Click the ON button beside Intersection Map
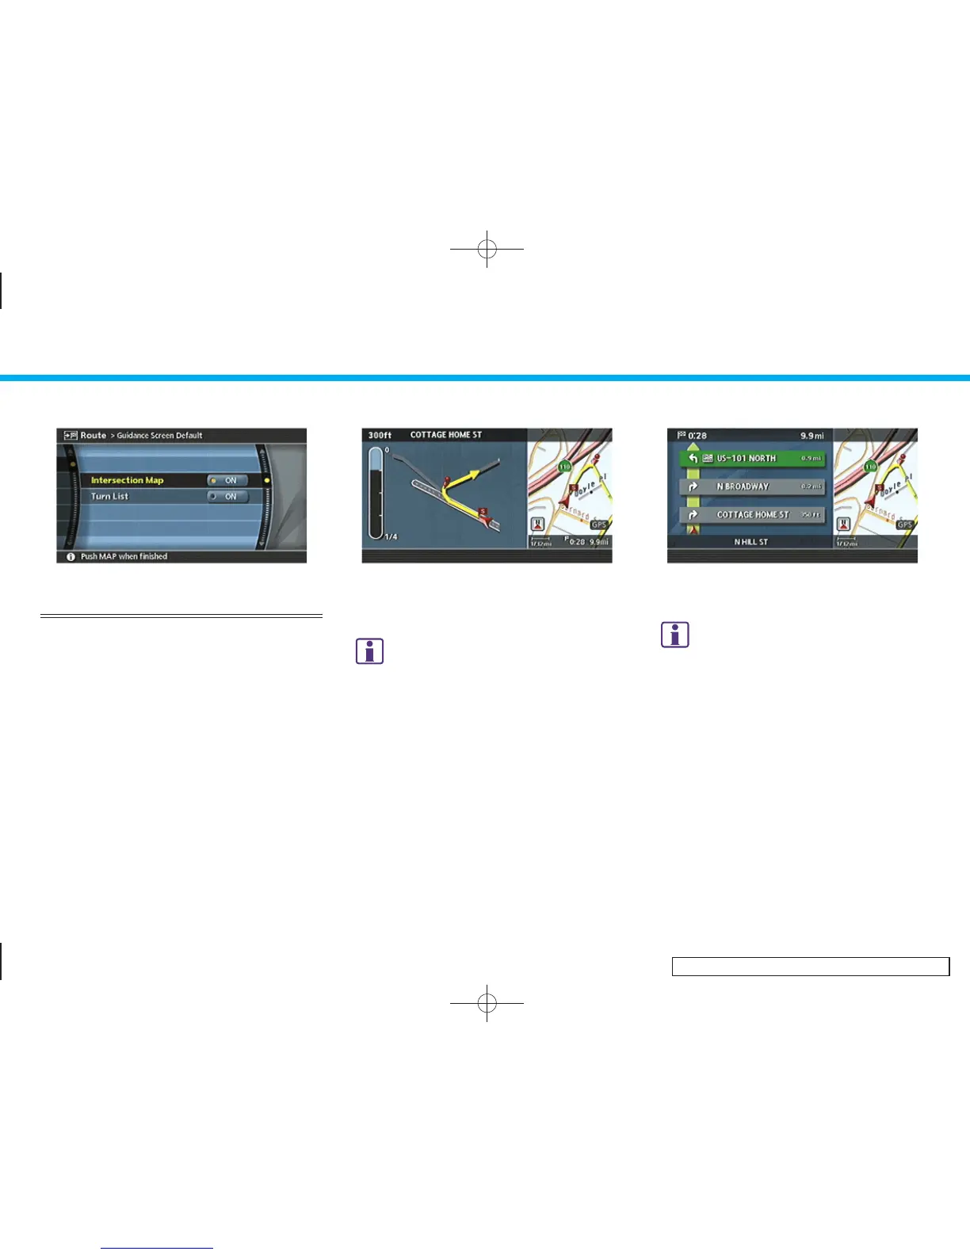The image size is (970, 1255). (x=227, y=480)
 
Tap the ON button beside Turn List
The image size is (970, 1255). (x=227, y=497)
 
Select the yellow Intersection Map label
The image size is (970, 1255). (x=127, y=480)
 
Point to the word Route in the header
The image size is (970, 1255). (x=93, y=435)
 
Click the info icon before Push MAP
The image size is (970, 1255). (x=71, y=557)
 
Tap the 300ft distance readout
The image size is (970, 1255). (x=380, y=435)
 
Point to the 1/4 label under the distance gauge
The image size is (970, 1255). (x=391, y=537)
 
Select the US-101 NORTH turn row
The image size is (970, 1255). (x=752, y=458)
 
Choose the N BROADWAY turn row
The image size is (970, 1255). (x=752, y=486)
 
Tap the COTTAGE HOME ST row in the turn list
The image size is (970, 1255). (x=752, y=515)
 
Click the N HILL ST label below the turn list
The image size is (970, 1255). (x=750, y=542)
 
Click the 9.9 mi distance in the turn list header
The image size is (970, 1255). (x=812, y=436)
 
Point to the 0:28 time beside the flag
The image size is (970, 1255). (x=697, y=436)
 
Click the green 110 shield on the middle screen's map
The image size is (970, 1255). (x=564, y=467)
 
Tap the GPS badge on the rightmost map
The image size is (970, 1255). (x=904, y=525)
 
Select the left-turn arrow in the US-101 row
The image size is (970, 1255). (x=693, y=458)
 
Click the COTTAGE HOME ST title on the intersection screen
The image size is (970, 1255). (x=445, y=435)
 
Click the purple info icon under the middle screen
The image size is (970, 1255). (x=370, y=651)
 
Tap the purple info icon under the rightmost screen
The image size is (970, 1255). (x=675, y=635)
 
